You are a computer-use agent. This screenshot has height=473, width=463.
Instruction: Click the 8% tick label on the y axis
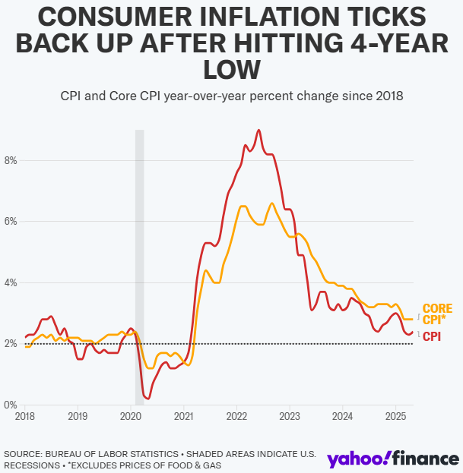(x=11, y=160)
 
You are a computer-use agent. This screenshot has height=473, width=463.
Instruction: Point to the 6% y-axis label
(x=11, y=222)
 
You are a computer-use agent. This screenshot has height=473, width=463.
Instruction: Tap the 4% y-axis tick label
(x=11, y=283)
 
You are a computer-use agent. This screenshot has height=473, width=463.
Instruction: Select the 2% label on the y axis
(x=11, y=344)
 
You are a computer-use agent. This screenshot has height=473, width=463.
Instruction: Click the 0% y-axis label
(x=11, y=405)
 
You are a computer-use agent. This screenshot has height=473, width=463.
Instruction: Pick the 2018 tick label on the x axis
(x=25, y=417)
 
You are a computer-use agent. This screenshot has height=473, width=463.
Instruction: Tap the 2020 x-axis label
(x=131, y=417)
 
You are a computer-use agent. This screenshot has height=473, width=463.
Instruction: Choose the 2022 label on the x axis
(x=236, y=417)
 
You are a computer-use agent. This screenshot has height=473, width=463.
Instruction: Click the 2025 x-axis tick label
(x=395, y=417)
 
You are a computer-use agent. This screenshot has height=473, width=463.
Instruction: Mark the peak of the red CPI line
(x=258, y=130)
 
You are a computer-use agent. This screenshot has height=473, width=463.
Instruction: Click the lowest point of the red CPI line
(x=148, y=399)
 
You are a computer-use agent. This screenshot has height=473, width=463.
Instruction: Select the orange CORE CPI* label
(x=437, y=314)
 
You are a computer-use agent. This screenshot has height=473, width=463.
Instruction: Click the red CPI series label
(x=432, y=336)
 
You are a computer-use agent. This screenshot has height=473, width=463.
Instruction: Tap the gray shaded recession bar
(x=140, y=267)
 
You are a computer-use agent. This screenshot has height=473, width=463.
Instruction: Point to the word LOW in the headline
(x=232, y=70)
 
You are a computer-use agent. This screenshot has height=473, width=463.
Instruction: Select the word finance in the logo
(x=426, y=459)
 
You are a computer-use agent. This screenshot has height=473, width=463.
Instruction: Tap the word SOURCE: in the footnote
(x=23, y=454)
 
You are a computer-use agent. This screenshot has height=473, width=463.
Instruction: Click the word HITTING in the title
(x=288, y=43)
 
